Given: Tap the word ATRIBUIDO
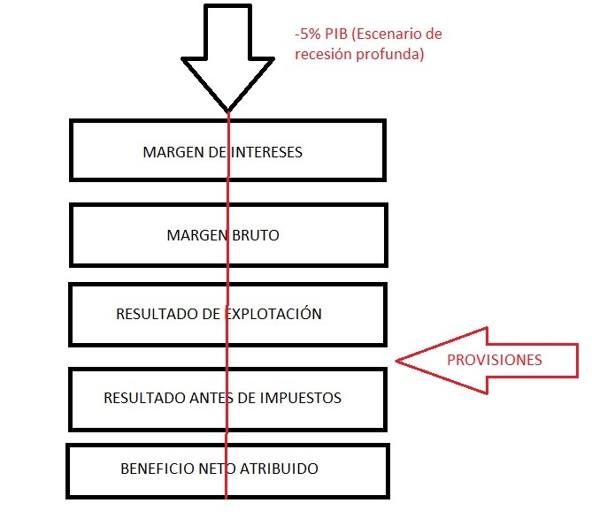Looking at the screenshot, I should coord(281,468).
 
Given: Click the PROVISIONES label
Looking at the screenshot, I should coord(494,360).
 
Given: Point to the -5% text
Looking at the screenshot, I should coord(309,34).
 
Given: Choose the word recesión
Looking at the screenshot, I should coord(323,53).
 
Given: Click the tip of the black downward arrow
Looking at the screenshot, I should coord(227,111).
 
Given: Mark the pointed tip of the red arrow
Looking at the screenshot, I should coord(396,360).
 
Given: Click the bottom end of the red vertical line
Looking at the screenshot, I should coord(227,498).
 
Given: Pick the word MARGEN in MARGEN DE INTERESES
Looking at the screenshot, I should coord(168,152).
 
